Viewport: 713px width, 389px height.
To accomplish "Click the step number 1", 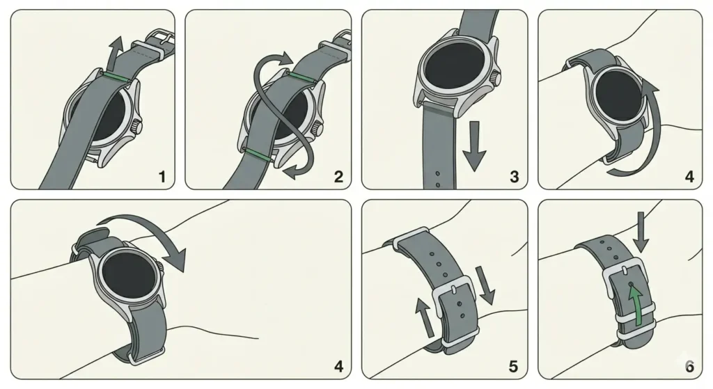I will (162, 177).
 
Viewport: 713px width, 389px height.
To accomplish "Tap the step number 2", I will (338, 177).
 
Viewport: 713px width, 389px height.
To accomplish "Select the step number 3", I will (515, 177).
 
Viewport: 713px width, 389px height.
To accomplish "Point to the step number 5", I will (515, 366).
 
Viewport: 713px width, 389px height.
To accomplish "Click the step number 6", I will (689, 366).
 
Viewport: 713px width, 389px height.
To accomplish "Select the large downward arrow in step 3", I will (475, 146).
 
